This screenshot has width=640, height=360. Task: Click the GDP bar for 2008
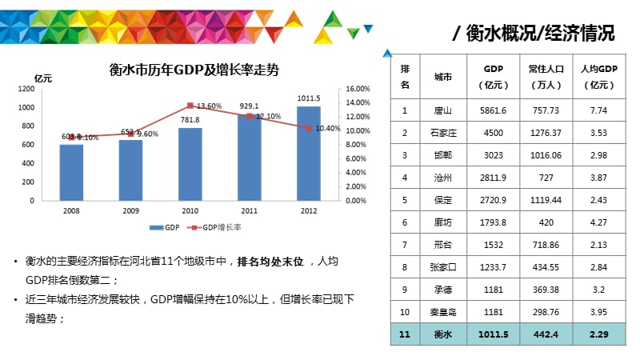click(71, 172)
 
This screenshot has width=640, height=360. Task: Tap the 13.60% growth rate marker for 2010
click(190, 106)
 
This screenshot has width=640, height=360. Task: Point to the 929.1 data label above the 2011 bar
click(249, 106)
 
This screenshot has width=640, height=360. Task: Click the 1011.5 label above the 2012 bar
click(308, 98)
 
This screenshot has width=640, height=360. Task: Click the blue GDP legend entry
click(166, 228)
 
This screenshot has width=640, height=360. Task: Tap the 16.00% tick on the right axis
click(357, 89)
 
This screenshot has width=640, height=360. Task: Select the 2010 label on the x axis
click(190, 210)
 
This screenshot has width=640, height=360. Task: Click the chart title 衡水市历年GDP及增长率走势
click(193, 70)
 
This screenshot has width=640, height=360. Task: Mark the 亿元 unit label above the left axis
click(43, 78)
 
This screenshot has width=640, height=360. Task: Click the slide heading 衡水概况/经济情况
click(534, 33)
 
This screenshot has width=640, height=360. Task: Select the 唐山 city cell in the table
click(442, 110)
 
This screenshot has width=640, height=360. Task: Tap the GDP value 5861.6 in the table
click(492, 110)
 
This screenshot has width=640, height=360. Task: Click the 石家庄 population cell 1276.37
click(544, 133)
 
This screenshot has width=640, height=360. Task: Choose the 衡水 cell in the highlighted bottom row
click(442, 334)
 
